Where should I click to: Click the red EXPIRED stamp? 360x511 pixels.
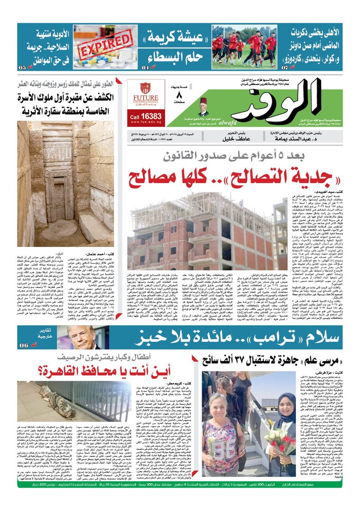(105, 46)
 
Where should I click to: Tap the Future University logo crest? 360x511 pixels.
(146, 89)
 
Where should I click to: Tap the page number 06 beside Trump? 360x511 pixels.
(24, 345)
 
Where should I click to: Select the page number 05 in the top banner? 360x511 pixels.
(23, 68)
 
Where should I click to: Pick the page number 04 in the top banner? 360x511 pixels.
(145, 68)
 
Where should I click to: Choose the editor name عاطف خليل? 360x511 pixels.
(236, 139)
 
